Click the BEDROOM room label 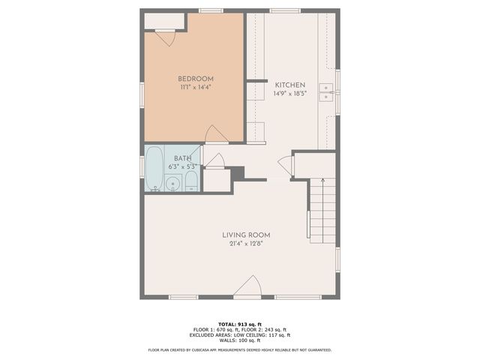(196, 79)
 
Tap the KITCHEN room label (289, 85)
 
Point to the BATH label (182, 158)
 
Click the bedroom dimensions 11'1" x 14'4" (196, 88)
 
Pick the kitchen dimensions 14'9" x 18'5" (289, 94)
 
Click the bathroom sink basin (172, 182)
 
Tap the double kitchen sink (326, 92)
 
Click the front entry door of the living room (248, 287)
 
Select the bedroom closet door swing (164, 36)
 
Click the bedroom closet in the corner (160, 20)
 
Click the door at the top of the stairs (284, 164)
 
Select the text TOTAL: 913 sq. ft (239, 322)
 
